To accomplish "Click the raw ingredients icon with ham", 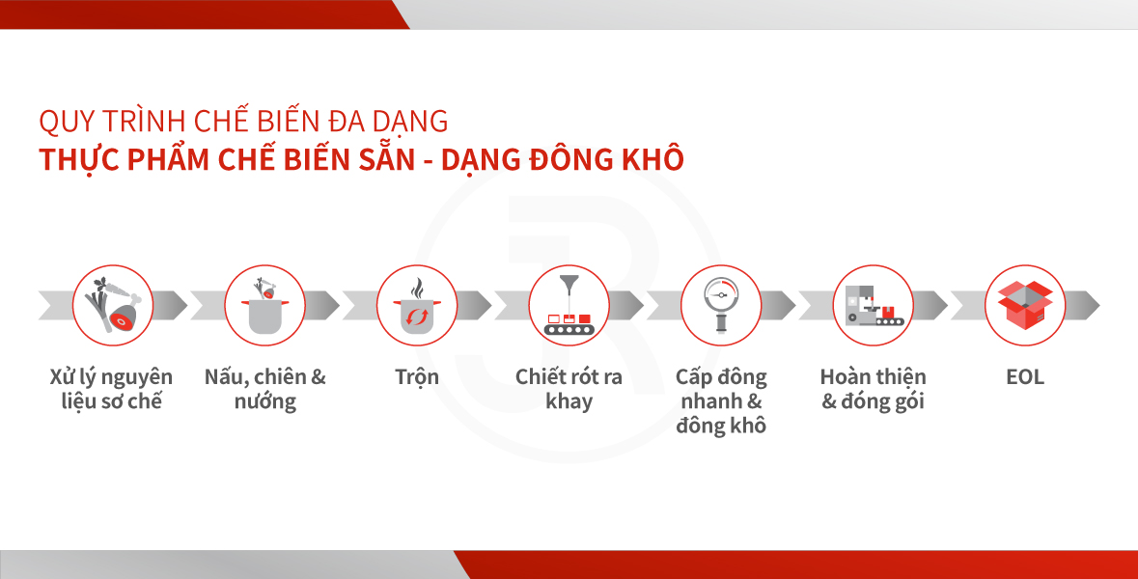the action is click(113, 306).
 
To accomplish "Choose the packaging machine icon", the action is click(874, 306).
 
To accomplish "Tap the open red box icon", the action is click(1025, 306).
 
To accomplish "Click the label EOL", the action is click(1025, 377).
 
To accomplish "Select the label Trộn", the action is click(417, 378).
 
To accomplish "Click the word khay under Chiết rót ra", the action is click(569, 402).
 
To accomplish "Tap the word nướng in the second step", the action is click(264, 402).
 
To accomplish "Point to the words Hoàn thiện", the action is click(874, 377).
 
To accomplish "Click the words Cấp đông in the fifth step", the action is click(721, 377).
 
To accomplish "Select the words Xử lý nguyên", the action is click(111, 377).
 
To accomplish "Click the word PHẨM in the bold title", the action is click(168, 159).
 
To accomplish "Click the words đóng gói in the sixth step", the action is click(882, 402).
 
